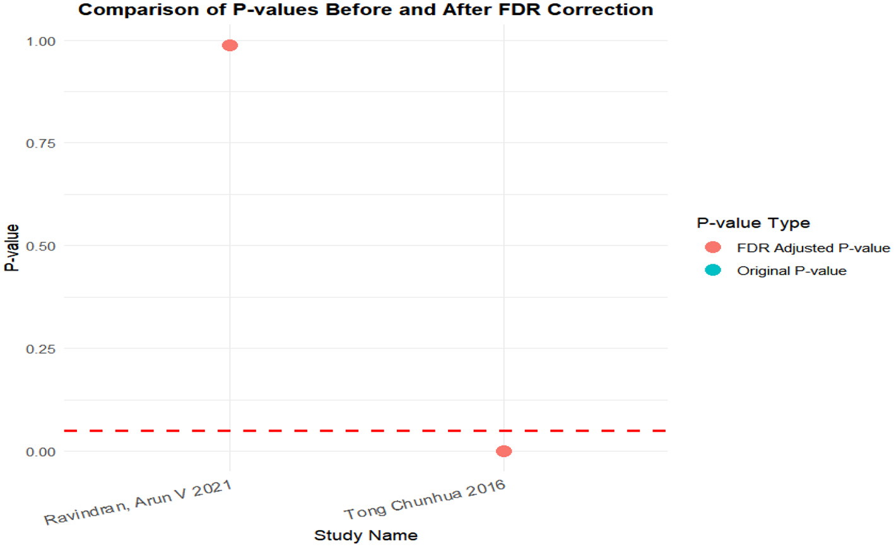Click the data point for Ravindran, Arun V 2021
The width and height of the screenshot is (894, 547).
(x=230, y=45)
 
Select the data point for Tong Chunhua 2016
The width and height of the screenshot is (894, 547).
(x=503, y=451)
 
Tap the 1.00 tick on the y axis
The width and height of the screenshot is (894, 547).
(x=41, y=41)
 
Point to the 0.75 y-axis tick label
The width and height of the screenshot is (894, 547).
(x=41, y=143)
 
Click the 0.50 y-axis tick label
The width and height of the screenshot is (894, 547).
(x=41, y=246)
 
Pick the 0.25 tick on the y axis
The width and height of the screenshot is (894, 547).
(x=41, y=349)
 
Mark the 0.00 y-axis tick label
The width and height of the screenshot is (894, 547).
(x=41, y=452)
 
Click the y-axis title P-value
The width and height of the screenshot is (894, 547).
(x=11, y=247)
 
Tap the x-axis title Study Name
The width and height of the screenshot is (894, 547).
(x=365, y=536)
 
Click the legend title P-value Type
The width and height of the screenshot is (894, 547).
(x=753, y=223)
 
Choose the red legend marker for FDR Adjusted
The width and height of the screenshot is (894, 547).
(x=713, y=247)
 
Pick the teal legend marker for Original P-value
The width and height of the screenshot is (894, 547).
(x=713, y=270)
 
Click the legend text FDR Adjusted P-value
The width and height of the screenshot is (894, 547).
(x=813, y=248)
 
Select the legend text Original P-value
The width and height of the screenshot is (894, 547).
(x=791, y=271)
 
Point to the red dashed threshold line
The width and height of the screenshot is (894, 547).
(x=366, y=430)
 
